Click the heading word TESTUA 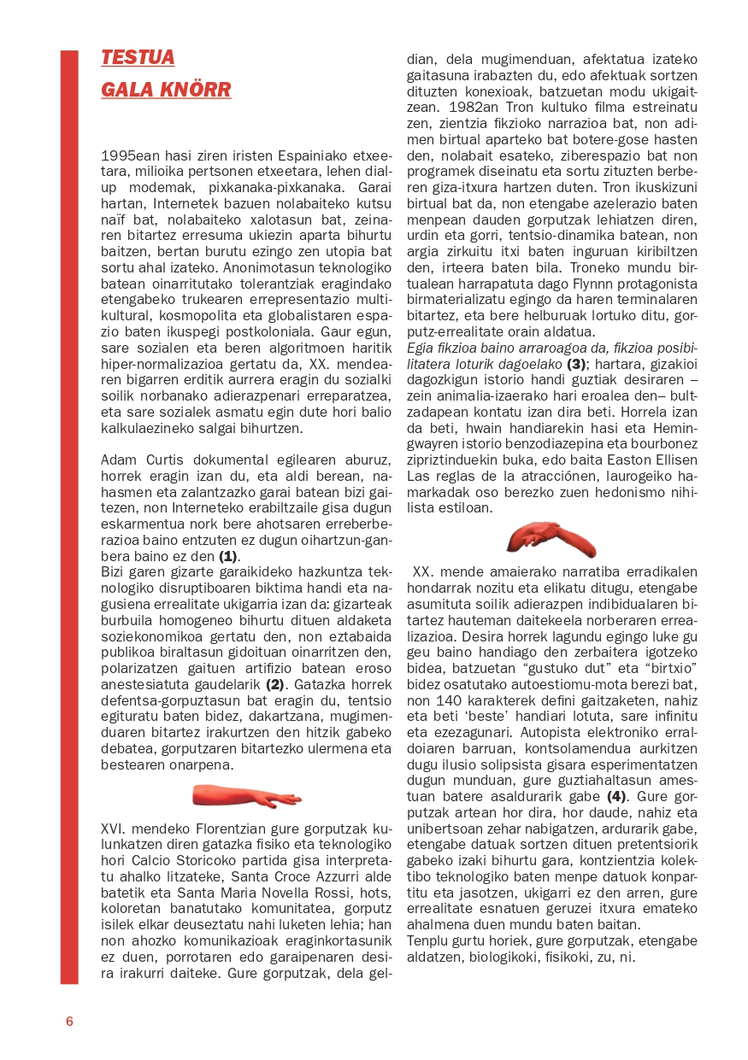click(138, 57)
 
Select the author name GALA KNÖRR click(166, 90)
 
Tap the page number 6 click(69, 1022)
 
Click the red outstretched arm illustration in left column click(246, 796)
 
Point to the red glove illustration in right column click(551, 538)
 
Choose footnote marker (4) click(617, 796)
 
